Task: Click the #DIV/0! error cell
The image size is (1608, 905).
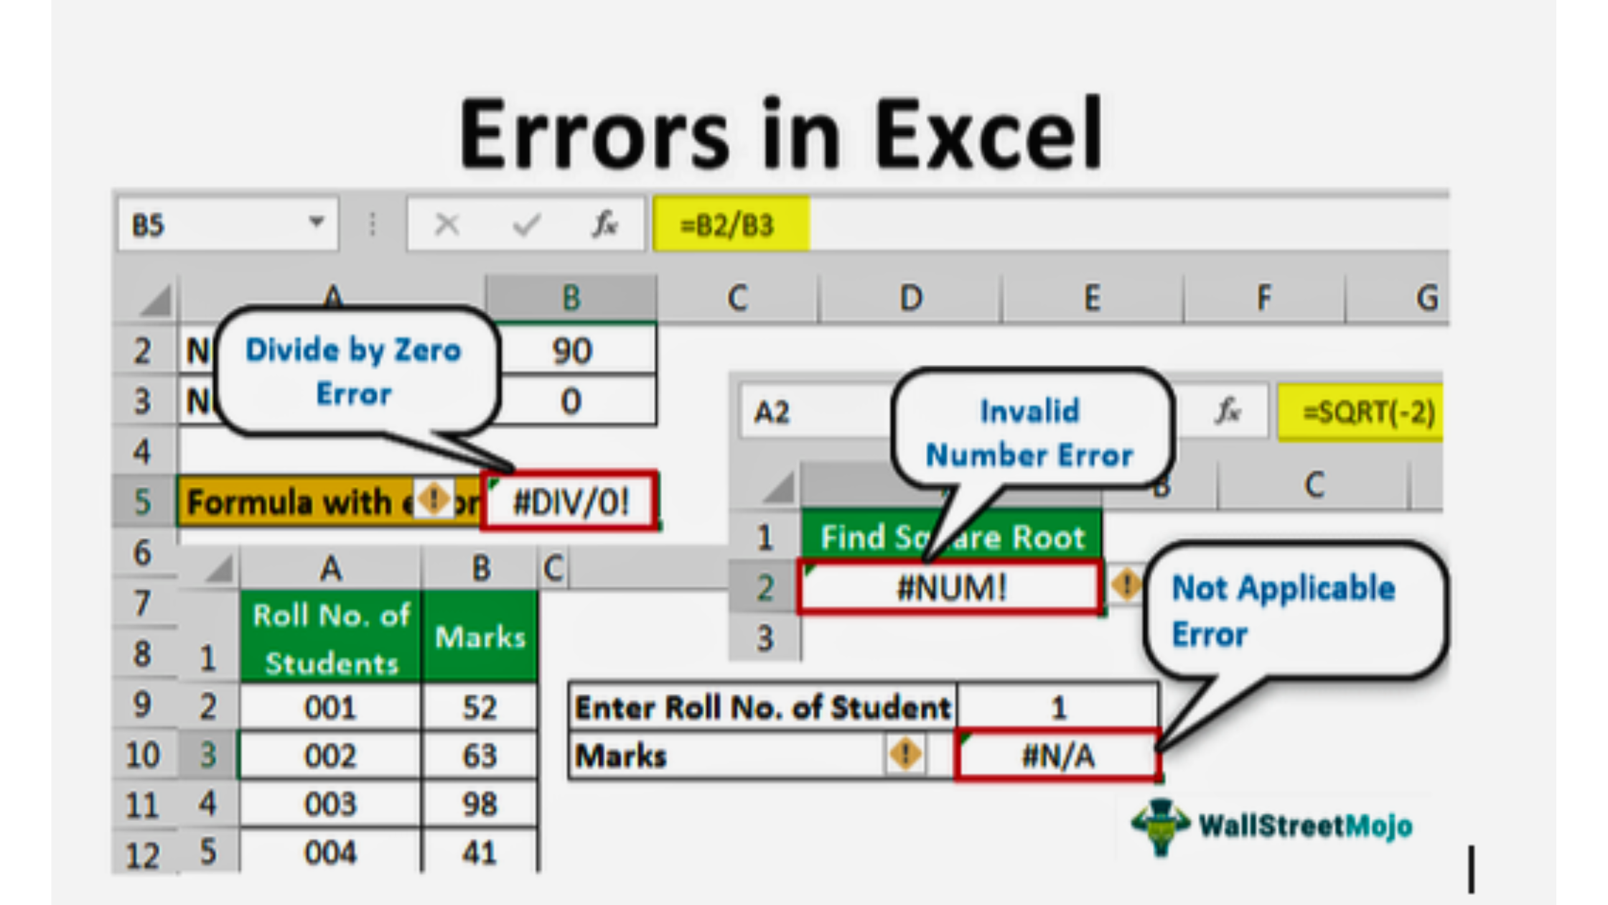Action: coord(571,501)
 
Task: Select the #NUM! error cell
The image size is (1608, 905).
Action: coord(950,588)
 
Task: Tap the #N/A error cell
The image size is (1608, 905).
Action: coord(1057,756)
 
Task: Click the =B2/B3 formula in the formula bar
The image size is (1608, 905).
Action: coord(729,226)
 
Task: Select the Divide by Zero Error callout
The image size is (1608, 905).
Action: coord(354,372)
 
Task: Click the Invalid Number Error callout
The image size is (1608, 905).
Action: coord(1029,432)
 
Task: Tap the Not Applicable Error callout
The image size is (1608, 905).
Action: coord(1285,611)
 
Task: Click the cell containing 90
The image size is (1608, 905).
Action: coord(572,351)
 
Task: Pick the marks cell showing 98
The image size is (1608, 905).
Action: coord(480,804)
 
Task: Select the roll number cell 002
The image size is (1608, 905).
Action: coord(330,756)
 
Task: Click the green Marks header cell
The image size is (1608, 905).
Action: coord(480,637)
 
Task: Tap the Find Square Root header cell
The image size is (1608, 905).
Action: coord(952,537)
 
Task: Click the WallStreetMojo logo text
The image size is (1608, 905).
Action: coord(1305,826)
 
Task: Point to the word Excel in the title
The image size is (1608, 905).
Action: coord(988,135)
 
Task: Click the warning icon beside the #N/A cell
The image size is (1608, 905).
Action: coord(906,754)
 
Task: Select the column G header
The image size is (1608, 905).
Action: coord(1426,298)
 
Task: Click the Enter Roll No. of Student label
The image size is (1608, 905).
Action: coord(762,708)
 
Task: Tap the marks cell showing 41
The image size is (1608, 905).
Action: coord(480,853)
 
